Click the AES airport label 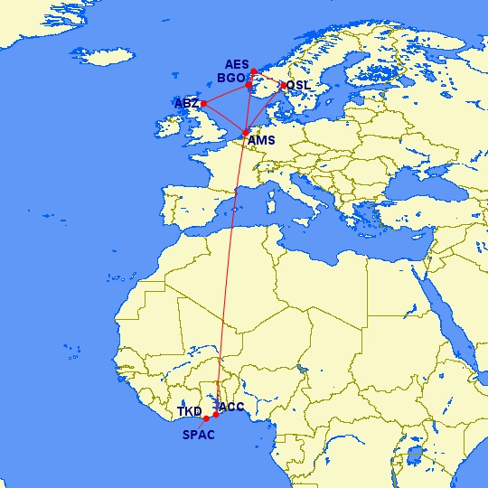pyautogui.click(x=236, y=64)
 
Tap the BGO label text pyautogui.click(x=230, y=78)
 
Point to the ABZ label pyautogui.click(x=186, y=104)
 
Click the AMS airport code pyautogui.click(x=260, y=141)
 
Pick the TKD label pyautogui.click(x=189, y=412)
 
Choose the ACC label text pyautogui.click(x=231, y=407)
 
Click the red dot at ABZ pyautogui.click(x=204, y=103)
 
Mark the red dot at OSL pyautogui.click(x=284, y=86)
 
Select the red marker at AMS pyautogui.click(x=246, y=133)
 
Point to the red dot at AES pyautogui.click(x=254, y=71)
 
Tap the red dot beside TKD pyautogui.click(x=206, y=418)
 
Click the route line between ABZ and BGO pyautogui.click(x=226, y=94)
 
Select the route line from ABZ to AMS pyautogui.click(x=225, y=118)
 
